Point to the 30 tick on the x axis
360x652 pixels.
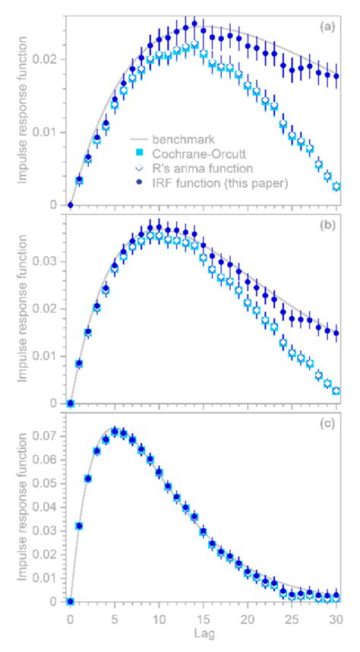pos(336,619)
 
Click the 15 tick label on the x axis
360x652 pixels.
pos(203,619)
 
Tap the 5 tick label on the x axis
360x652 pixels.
pos(115,619)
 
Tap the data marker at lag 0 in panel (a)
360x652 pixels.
pos(71,204)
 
